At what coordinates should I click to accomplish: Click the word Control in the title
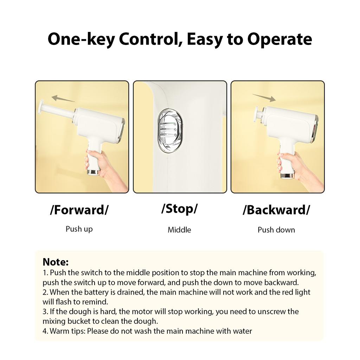[149, 39]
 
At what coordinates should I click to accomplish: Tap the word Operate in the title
[279, 39]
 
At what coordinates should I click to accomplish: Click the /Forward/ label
[79, 210]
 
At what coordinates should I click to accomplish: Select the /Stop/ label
[179, 209]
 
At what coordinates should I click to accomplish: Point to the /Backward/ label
[276, 210]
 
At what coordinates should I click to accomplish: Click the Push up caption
[79, 229]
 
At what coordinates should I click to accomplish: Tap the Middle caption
[179, 230]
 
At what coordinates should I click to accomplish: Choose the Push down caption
[276, 230]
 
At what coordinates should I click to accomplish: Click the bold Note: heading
[56, 262]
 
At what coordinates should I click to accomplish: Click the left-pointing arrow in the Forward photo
[63, 98]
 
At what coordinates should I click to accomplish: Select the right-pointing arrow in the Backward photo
[264, 98]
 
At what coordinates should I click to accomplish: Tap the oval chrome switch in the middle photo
[170, 131]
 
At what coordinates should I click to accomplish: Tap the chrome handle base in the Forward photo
[94, 172]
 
